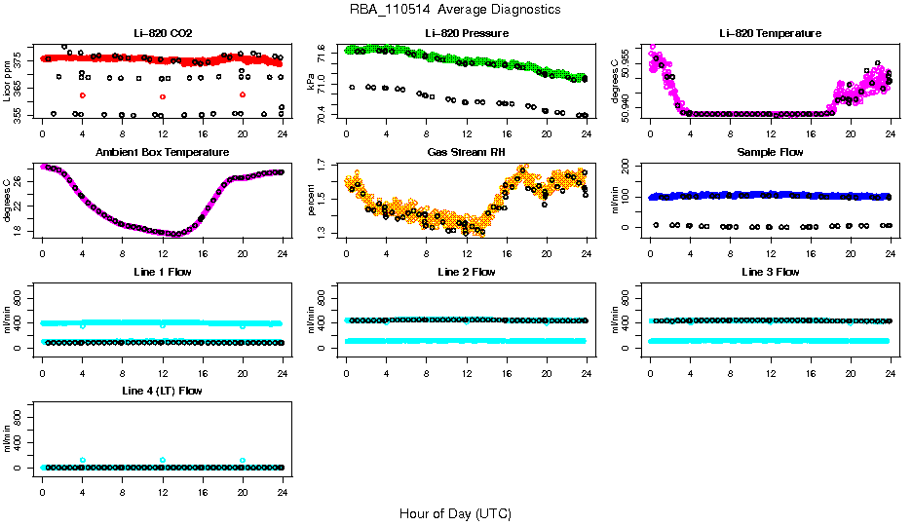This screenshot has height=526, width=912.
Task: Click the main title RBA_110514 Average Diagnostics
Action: pyautogui.click(x=455, y=10)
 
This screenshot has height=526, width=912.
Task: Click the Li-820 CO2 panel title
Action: pyautogui.click(x=162, y=33)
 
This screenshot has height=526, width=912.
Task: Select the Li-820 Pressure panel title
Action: pyautogui.click(x=465, y=33)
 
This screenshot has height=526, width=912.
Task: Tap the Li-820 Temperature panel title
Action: pyautogui.click(x=770, y=33)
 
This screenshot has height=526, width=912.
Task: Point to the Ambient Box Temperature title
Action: pyautogui.click(x=162, y=153)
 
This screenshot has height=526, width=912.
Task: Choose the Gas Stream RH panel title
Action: pyautogui.click(x=465, y=153)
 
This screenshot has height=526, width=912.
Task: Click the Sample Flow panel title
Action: pyautogui.click(x=770, y=153)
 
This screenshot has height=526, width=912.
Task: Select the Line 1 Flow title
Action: pyautogui.click(x=162, y=272)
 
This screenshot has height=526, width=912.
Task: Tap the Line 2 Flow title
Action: pyautogui.click(x=465, y=272)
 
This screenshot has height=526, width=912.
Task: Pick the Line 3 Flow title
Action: pyautogui.click(x=770, y=272)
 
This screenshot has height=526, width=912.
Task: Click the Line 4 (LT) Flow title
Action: pyautogui.click(x=162, y=391)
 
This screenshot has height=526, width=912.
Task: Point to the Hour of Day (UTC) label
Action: pyautogui.click(x=455, y=513)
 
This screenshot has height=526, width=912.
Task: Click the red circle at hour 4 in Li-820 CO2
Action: pyautogui.click(x=83, y=95)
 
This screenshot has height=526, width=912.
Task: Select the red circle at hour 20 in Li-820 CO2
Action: pyautogui.click(x=242, y=94)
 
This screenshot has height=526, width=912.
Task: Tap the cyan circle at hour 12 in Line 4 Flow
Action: pyautogui.click(x=163, y=460)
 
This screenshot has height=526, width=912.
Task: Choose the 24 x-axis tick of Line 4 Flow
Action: pyautogui.click(x=282, y=482)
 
